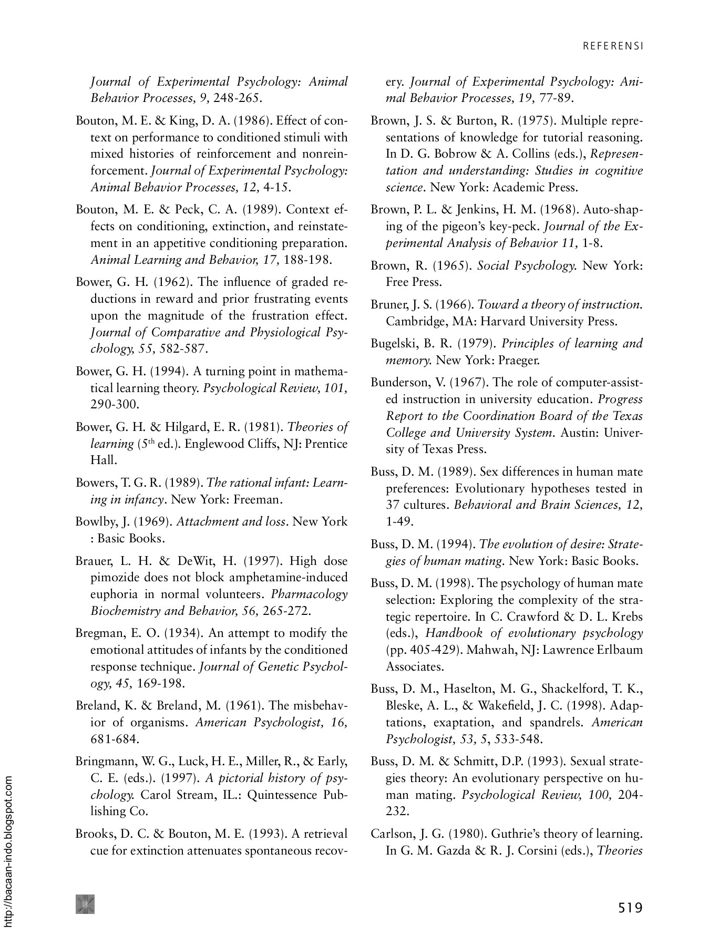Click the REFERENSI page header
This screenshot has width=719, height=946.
pyautogui.click(x=612, y=46)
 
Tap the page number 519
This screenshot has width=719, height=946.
pyautogui.click(x=630, y=908)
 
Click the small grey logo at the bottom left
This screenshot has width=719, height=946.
pyautogui.click(x=85, y=903)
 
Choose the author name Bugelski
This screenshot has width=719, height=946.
pyautogui.click(x=393, y=344)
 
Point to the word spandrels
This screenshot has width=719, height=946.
pyautogui.click(x=558, y=723)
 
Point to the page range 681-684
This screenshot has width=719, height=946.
pyautogui.click(x=115, y=739)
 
